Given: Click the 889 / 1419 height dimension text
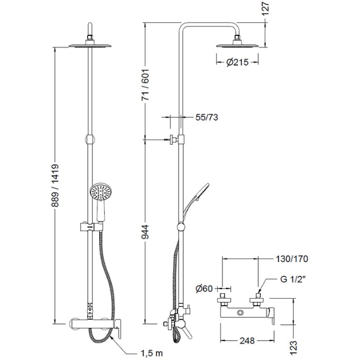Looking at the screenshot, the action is pos(55,186).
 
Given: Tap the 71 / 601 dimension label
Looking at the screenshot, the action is pos(145,85).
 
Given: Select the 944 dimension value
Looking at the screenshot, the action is pos(145,232).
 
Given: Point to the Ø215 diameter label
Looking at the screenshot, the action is pos(237,62).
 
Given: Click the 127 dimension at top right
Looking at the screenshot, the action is pos(265,8).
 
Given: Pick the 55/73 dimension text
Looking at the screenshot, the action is pos(207,117).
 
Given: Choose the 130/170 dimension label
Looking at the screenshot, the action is pos(292,259).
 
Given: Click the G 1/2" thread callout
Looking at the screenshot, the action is pos(293,279).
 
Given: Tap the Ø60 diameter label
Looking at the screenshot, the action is pos(204,289).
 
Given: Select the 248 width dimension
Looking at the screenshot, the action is pos(248,340).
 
